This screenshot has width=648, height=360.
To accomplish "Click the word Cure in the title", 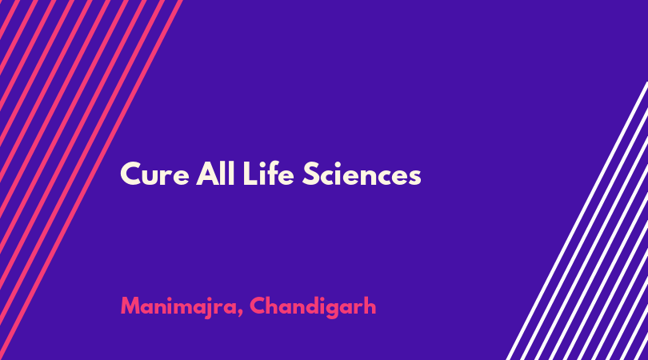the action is [x=154, y=174].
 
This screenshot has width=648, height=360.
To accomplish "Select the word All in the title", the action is [x=215, y=174].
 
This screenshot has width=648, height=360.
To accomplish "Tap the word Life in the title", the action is [x=268, y=174].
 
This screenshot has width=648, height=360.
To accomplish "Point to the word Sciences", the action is [x=362, y=174].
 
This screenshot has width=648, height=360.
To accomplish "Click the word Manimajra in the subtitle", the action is [x=178, y=307].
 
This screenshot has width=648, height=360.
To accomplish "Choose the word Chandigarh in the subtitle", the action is [x=313, y=307].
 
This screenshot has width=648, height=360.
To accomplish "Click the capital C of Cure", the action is [x=130, y=174].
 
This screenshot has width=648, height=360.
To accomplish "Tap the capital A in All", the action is [x=207, y=174].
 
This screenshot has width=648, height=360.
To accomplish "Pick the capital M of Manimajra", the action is [x=130, y=306].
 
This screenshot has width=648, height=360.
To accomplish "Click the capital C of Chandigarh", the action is [x=258, y=306].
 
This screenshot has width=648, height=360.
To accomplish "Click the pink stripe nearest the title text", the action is [x=92, y=180].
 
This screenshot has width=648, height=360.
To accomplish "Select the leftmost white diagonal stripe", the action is [x=577, y=221].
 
